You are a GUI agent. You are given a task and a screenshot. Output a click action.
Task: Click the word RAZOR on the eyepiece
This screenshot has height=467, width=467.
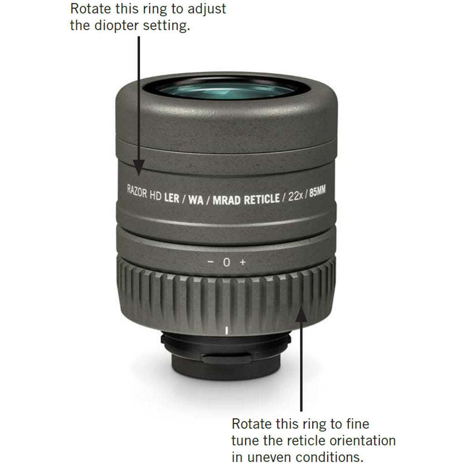[137, 192]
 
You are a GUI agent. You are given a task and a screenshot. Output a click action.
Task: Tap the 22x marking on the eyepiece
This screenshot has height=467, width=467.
[295, 196]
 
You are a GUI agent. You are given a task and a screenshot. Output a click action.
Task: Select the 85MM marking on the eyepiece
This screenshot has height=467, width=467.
[318, 191]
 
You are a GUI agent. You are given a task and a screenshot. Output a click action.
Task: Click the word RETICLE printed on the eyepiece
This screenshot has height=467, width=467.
[262, 199]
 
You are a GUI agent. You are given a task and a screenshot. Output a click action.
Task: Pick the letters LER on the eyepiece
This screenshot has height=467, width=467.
[172, 198]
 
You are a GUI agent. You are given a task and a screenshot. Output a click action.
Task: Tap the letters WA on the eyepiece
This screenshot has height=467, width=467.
[195, 200]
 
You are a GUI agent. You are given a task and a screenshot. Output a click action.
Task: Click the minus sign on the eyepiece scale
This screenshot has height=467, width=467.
[210, 262]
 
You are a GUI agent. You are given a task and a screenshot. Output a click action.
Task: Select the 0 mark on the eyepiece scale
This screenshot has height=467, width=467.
[227, 262]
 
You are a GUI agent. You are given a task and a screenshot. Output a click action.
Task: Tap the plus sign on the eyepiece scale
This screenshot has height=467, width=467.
[243, 262]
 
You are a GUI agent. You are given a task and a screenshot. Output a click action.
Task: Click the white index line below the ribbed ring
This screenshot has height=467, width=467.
[227, 330]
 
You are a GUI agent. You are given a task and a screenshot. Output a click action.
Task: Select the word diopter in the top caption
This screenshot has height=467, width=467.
[117, 26]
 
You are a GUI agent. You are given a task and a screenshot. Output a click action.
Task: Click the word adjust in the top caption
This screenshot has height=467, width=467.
[207, 9]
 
